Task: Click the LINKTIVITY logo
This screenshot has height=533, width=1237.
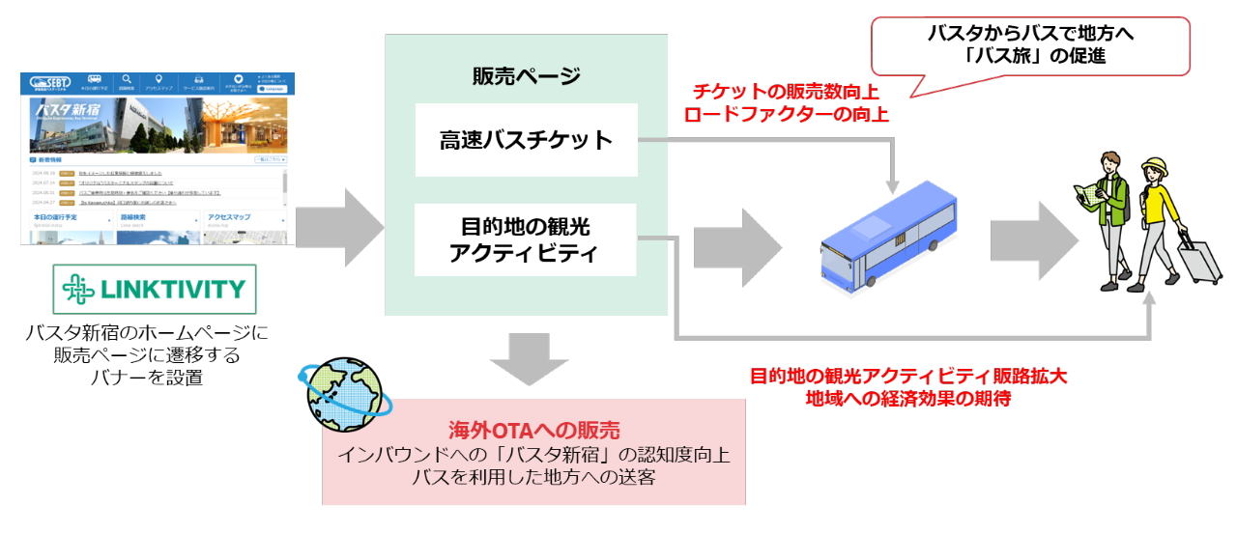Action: click(x=154, y=290)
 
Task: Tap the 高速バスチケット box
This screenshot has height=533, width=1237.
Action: click(x=527, y=140)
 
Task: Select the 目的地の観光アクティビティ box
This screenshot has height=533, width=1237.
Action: click(x=527, y=240)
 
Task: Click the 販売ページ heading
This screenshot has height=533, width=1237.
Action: click(x=527, y=77)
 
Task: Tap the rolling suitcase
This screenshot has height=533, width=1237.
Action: click(x=1200, y=259)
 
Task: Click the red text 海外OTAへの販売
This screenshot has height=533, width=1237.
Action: click(x=533, y=431)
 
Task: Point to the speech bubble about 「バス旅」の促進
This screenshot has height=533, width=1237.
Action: click(x=1030, y=45)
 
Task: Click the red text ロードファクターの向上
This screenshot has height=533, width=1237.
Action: click(x=786, y=113)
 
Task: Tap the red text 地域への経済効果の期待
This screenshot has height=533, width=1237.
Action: click(x=908, y=398)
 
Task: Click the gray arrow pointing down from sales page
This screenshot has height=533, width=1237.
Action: click(x=527, y=358)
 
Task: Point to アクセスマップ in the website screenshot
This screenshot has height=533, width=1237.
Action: click(x=229, y=217)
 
